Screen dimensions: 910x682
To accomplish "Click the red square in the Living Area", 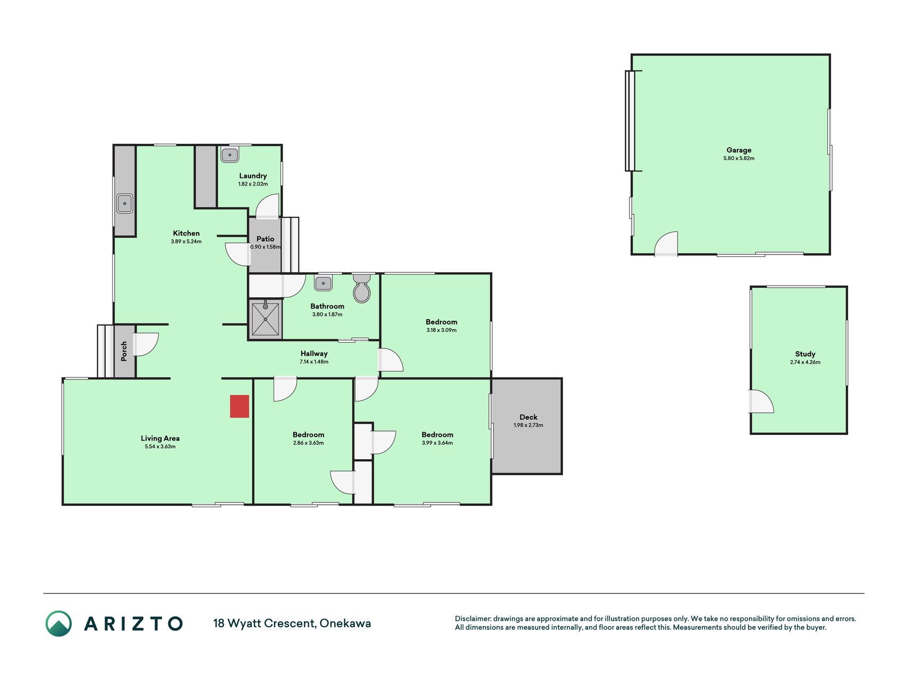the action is (239, 406).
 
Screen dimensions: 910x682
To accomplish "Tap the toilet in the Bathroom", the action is (362, 288).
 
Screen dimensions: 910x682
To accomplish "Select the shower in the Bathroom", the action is (265, 319).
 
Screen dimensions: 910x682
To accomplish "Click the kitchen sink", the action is (125, 204).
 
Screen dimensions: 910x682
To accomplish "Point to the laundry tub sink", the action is (230, 155).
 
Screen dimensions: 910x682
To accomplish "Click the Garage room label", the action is (739, 150).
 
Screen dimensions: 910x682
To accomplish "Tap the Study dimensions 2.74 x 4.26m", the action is (805, 362).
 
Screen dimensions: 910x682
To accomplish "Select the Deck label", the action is (528, 417).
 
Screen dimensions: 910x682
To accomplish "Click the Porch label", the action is (124, 351).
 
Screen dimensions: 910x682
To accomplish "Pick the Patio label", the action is (265, 239).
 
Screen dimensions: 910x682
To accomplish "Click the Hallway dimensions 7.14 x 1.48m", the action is (314, 362).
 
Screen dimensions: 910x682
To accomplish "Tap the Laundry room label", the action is (253, 176).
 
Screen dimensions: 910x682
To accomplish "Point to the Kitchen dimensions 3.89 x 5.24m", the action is (186, 241).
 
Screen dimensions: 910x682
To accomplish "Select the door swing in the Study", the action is (762, 401).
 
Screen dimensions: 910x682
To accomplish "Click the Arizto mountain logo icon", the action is (59, 623).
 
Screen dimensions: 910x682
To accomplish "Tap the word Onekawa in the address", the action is (345, 623).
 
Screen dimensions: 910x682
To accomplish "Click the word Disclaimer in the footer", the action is (472, 619).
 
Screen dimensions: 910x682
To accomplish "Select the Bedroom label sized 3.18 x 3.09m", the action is (441, 322).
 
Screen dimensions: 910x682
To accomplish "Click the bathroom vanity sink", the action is (323, 283).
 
